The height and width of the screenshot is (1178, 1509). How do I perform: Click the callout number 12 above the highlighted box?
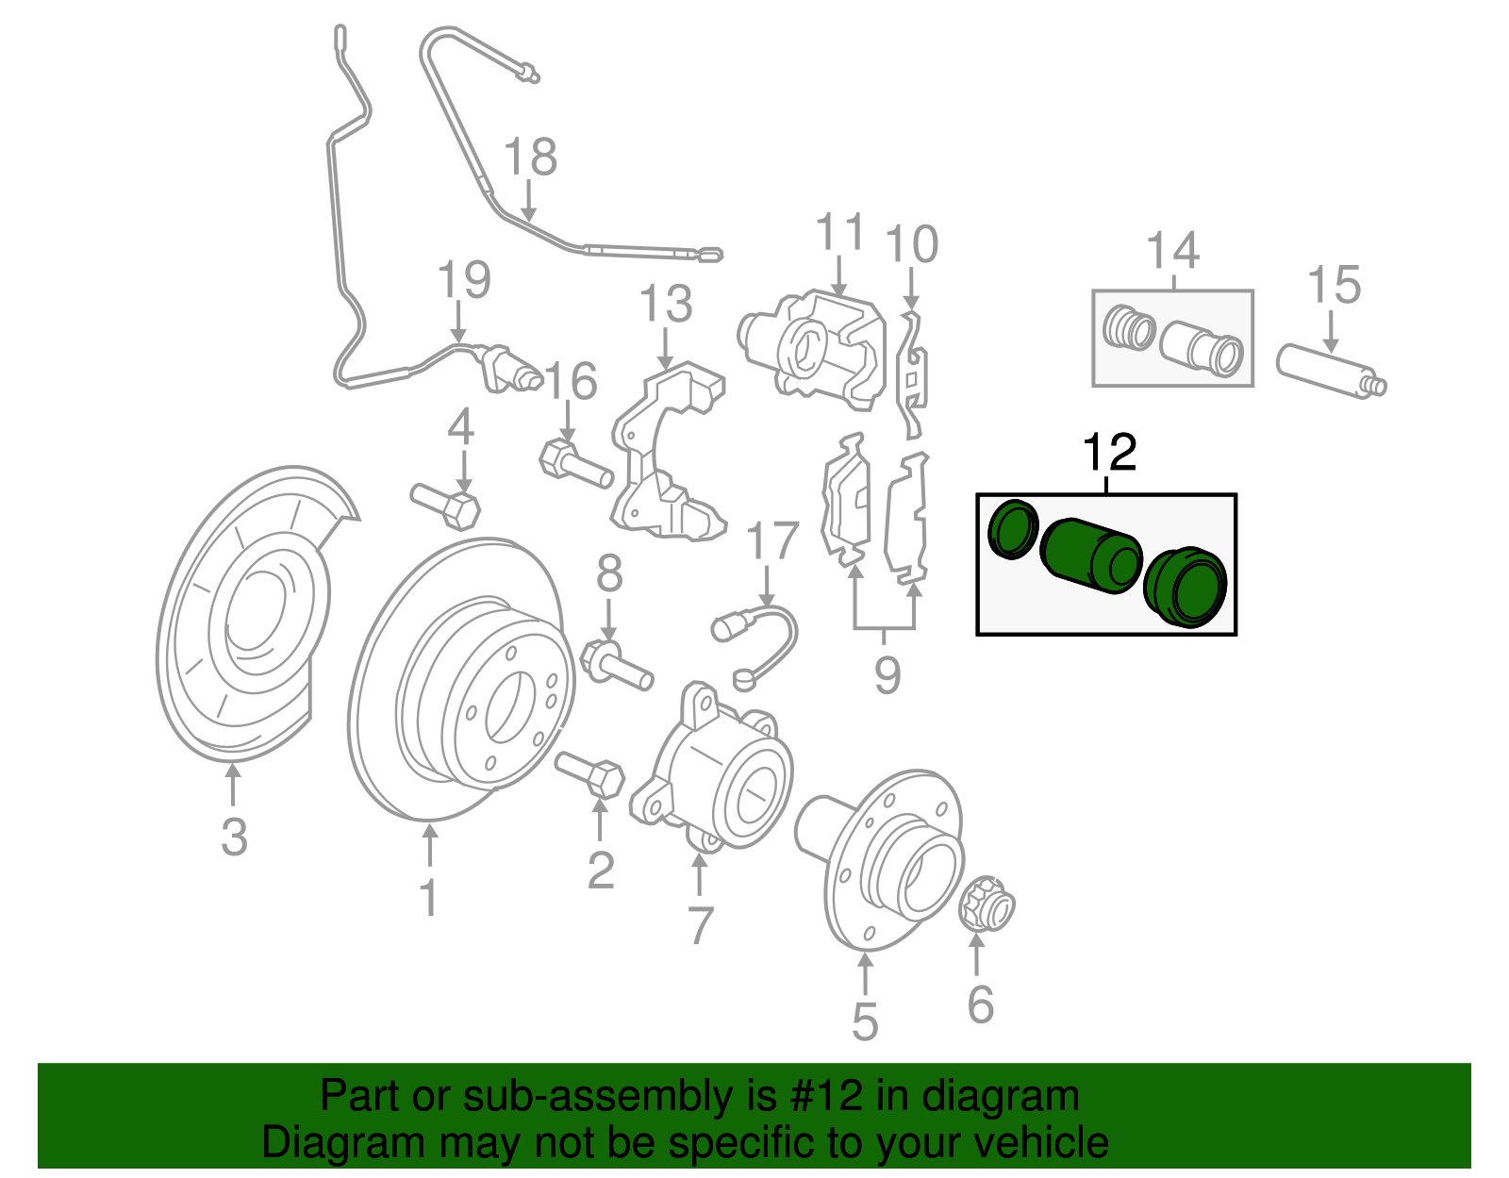tap(1110, 453)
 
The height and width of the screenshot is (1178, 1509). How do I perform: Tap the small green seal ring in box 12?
tap(1013, 529)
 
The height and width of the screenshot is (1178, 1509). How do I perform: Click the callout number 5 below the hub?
tap(865, 1022)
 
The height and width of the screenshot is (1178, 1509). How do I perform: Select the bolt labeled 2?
tap(591, 775)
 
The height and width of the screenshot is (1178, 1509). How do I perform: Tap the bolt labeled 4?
tap(448, 506)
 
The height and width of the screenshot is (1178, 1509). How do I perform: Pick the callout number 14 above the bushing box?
tap(1172, 251)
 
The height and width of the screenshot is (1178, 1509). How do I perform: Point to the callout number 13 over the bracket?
tap(666, 305)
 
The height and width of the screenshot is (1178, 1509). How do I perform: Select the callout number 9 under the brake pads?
tap(887, 674)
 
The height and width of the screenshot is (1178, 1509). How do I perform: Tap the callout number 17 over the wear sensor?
tap(771, 541)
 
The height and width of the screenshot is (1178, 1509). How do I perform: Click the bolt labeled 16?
tap(574, 464)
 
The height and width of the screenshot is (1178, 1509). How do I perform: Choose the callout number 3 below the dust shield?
tap(234, 837)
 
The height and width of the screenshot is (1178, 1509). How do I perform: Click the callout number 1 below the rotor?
tap(428, 898)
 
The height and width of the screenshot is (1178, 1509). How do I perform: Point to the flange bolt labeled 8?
tap(618, 664)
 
